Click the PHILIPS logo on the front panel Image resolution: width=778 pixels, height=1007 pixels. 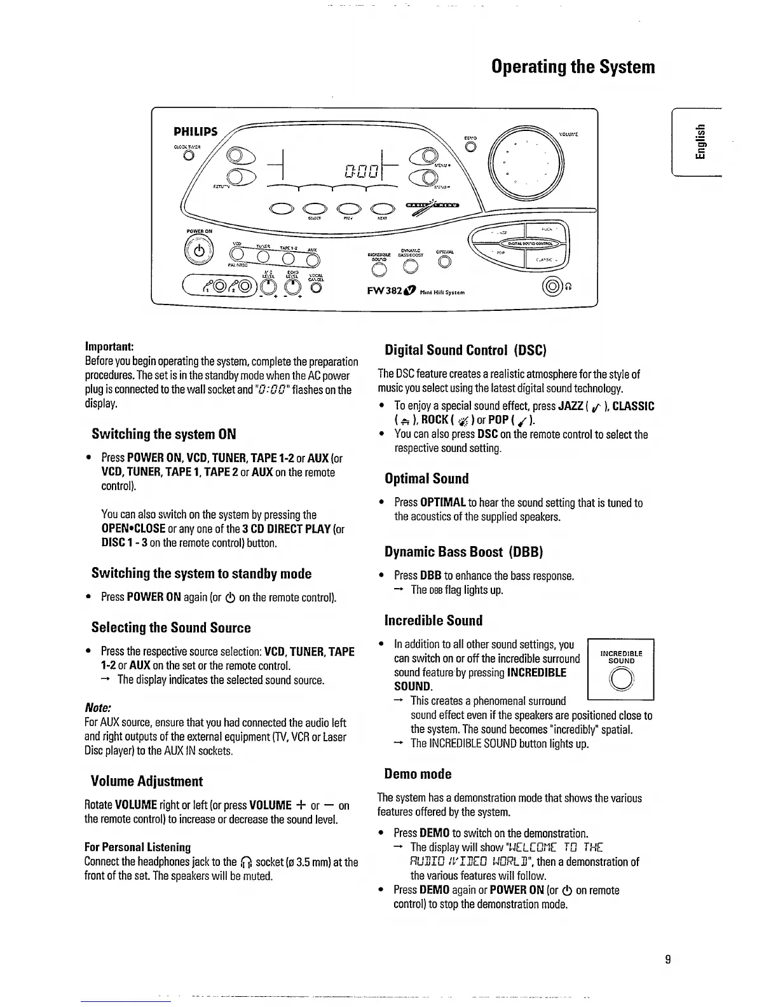click(x=196, y=132)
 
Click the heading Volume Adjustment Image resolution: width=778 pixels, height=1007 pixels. click(x=147, y=781)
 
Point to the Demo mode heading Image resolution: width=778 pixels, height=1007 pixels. click(x=418, y=774)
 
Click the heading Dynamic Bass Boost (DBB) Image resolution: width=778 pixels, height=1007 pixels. click(x=463, y=551)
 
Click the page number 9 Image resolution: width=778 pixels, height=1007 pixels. click(x=668, y=959)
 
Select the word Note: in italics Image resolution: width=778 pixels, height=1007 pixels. click(x=99, y=708)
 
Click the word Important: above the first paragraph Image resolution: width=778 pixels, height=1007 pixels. click(x=109, y=346)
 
